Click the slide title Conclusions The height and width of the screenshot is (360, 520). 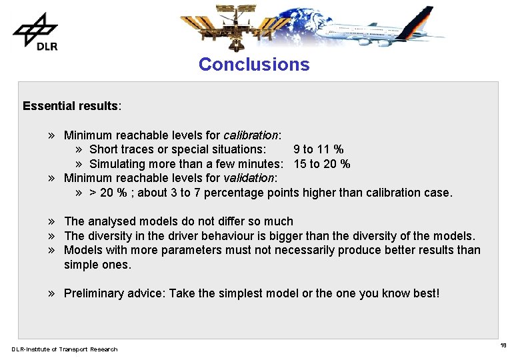coord(254,65)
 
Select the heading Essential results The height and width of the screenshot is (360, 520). coord(71,106)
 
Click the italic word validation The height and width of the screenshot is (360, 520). coord(249,178)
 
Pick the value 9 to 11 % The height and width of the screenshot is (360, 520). coord(319,149)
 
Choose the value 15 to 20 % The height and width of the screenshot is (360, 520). coord(322,164)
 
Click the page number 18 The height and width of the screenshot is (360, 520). coord(503,345)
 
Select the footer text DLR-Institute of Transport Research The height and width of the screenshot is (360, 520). coord(65,349)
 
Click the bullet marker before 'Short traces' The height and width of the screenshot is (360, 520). coord(79,149)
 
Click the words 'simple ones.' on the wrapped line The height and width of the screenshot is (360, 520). coord(97,265)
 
